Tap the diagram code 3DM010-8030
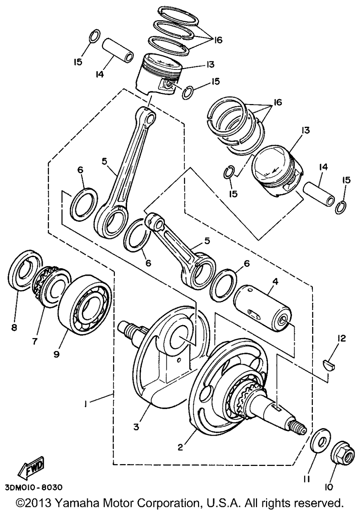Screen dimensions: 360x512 [31, 487]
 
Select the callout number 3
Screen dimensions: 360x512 [136, 427]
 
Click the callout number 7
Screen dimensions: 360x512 [35, 341]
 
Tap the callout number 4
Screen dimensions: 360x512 [275, 282]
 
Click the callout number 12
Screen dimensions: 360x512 [341, 338]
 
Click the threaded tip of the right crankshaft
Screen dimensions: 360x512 [297, 428]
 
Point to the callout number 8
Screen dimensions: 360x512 [14, 328]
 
